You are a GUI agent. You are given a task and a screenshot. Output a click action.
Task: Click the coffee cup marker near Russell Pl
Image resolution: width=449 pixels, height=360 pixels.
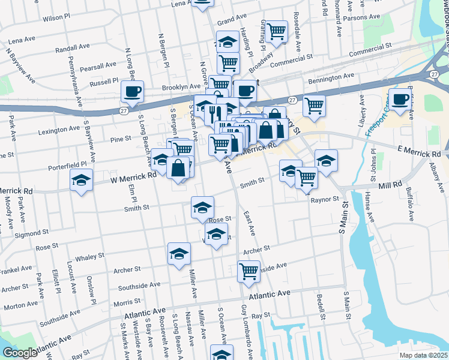132,92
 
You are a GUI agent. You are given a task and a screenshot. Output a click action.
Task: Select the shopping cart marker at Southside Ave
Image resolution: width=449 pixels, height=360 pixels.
249,271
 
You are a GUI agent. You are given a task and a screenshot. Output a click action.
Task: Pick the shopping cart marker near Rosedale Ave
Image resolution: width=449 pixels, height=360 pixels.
276,31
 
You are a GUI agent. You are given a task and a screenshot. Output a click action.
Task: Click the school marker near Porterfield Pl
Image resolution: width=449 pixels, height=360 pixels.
161,160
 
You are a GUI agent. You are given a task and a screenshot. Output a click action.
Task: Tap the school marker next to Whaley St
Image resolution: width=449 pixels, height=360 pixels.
179,255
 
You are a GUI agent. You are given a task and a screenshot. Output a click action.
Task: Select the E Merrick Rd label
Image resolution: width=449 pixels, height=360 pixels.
418,154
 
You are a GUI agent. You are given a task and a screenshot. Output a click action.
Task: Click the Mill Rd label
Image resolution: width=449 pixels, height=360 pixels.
390,187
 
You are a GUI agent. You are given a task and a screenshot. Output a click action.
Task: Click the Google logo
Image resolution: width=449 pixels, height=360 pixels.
20,353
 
